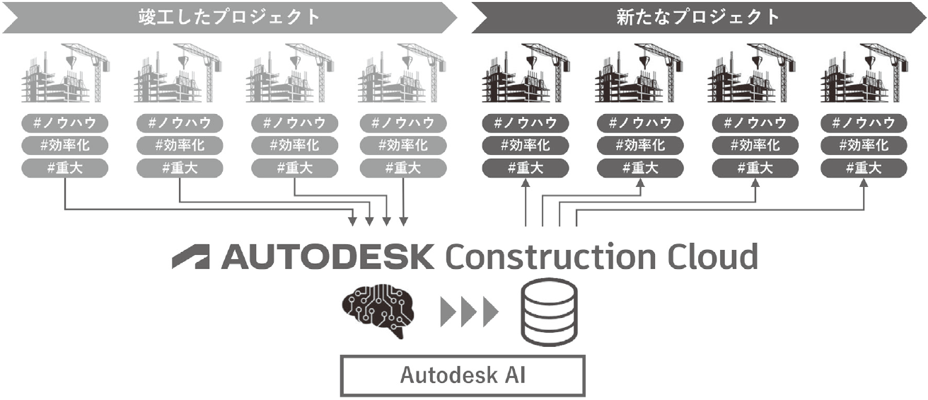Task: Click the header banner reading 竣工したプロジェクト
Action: [230, 18]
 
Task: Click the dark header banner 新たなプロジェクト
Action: [698, 18]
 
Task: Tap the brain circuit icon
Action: [378, 311]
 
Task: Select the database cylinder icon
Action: [549, 312]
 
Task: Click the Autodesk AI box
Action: [463, 375]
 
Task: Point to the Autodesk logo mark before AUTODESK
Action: [190, 256]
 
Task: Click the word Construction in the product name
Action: [551, 256]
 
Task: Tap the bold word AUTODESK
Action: [327, 256]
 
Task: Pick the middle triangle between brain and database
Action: [469, 312]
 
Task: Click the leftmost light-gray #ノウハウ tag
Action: [65, 123]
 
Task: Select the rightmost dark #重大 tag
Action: [864, 168]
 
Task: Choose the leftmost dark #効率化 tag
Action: [526, 146]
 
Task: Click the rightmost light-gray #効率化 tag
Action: [403, 146]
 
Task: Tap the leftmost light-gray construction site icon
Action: [66, 73]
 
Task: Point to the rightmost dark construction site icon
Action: [864, 73]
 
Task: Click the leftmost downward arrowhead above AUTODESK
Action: [352, 222]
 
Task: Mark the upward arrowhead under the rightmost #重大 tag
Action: [864, 183]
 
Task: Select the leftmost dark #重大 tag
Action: [526, 168]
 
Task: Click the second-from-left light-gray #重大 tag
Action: [180, 168]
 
